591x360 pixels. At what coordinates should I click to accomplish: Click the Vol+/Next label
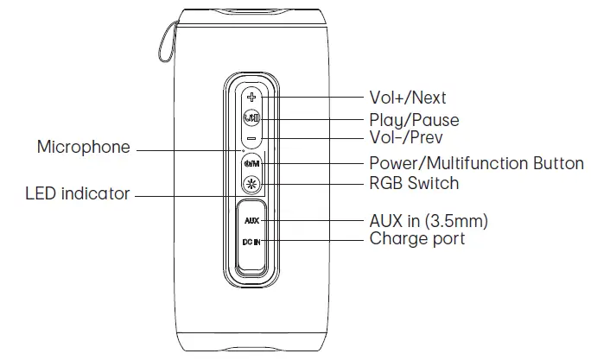coord(407,98)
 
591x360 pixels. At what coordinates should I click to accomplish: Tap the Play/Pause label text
coord(414,120)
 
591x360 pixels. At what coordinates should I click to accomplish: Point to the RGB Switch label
coord(414,183)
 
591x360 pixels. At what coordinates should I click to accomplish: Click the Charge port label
coord(416,239)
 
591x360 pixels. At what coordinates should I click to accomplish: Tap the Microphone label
coord(83,148)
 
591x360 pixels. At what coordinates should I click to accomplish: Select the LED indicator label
coord(77,193)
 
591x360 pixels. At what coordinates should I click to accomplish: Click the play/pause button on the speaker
coord(251,117)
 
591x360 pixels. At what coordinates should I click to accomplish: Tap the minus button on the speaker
coord(251,138)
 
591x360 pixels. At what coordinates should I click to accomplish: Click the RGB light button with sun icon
coord(251,184)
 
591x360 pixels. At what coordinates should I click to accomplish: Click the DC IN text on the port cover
coord(251,242)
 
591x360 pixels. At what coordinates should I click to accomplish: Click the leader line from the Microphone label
coord(186,150)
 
